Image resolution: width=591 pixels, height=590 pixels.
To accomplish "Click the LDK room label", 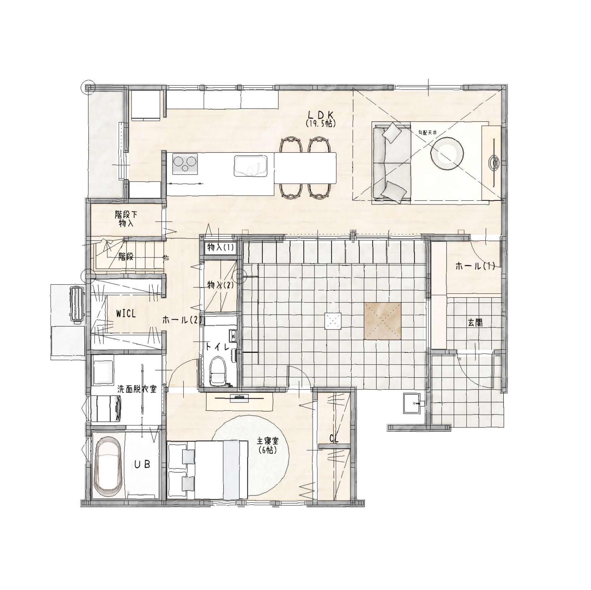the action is (320, 115).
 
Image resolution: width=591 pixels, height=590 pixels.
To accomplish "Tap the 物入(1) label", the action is (220, 247).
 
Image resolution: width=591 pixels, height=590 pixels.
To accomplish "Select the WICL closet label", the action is (126, 314).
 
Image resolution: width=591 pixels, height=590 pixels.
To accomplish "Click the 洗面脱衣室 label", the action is (137, 389).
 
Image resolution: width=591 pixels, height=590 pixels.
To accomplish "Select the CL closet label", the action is (334, 439).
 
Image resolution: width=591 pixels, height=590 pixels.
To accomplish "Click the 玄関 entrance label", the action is (475, 323).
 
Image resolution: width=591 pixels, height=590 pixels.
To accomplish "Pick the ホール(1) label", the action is (475, 266).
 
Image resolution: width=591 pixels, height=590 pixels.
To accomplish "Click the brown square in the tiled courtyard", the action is (382, 321).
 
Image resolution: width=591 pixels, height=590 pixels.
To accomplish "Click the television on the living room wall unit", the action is (494, 163).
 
